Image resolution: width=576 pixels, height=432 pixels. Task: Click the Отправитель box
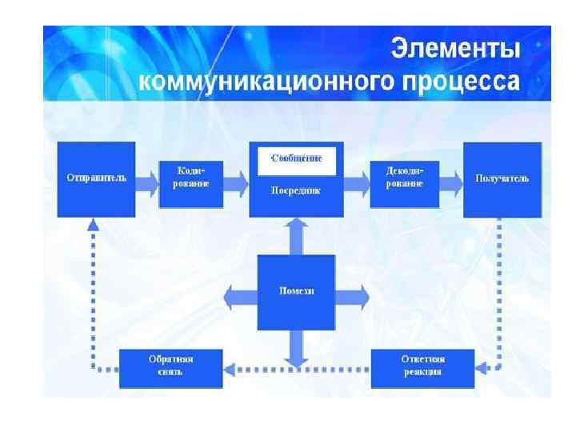(96, 178)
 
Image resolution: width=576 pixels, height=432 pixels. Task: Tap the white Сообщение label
(296, 158)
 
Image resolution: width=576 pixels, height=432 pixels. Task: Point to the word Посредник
(296, 191)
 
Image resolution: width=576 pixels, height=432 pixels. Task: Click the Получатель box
(502, 178)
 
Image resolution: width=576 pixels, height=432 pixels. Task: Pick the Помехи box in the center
(296, 291)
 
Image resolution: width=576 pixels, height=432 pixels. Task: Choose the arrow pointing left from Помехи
(240, 295)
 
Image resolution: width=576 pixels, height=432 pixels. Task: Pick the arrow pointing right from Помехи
(352, 295)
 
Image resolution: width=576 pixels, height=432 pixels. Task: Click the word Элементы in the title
(455, 50)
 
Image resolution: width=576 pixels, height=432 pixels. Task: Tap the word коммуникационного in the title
(258, 82)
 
